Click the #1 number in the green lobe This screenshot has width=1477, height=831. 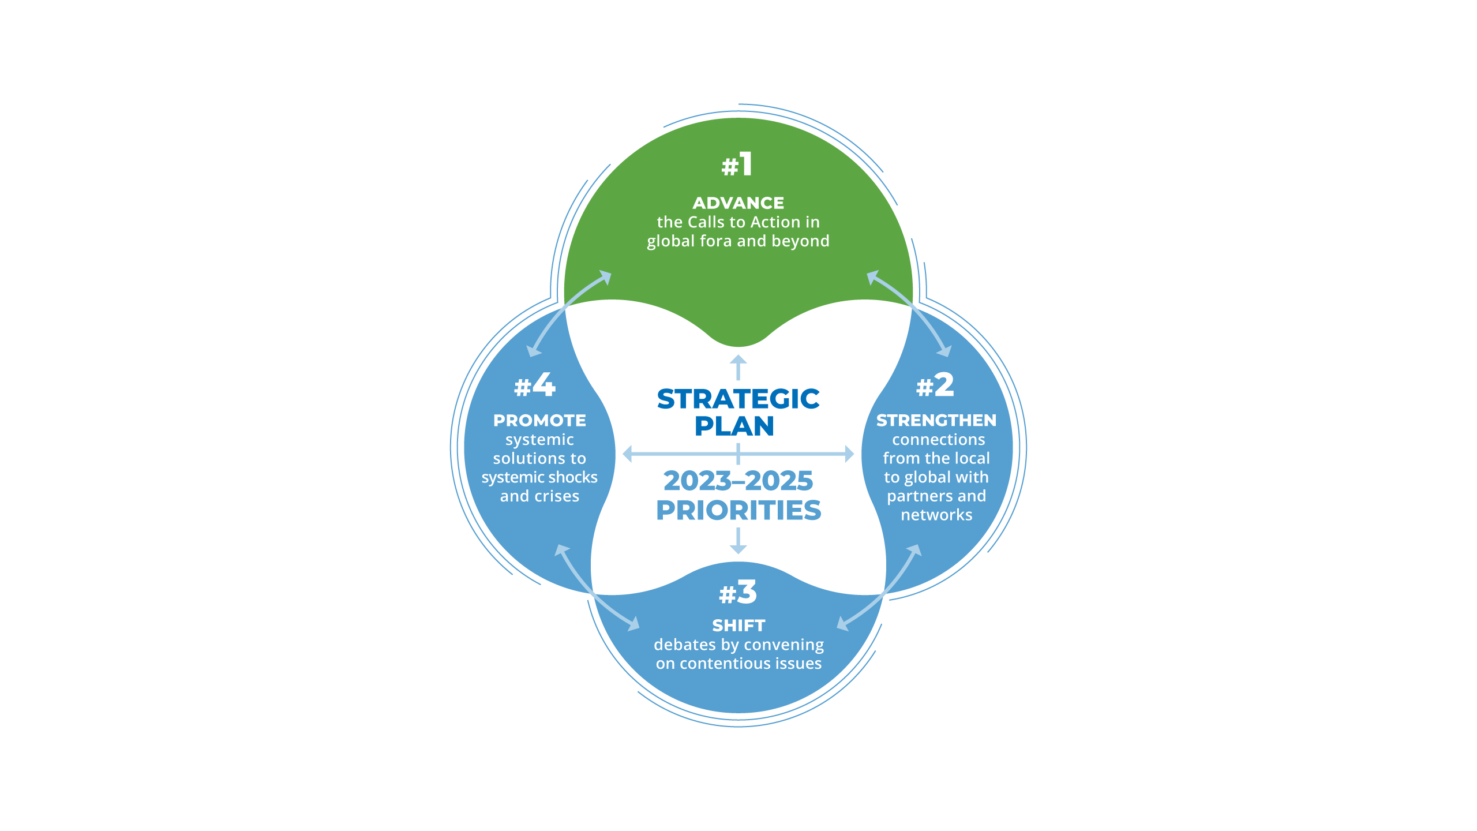[x=737, y=165]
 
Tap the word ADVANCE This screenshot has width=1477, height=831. [x=738, y=203]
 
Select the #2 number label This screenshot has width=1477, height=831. [x=935, y=385]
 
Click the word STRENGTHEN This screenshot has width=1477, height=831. [x=936, y=421]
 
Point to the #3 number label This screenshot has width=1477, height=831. [x=737, y=593]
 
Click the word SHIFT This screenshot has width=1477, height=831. [x=738, y=626]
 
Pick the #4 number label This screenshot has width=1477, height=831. [x=534, y=385]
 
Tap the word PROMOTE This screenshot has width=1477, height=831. [x=539, y=421]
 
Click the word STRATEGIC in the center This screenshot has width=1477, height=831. [x=738, y=399]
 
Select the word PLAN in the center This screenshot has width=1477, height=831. [x=734, y=426]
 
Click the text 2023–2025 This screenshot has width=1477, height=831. [x=738, y=481]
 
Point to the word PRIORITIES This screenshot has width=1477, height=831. [x=738, y=511]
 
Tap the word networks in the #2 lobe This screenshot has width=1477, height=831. [x=936, y=515]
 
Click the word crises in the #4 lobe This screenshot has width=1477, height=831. [x=557, y=496]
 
